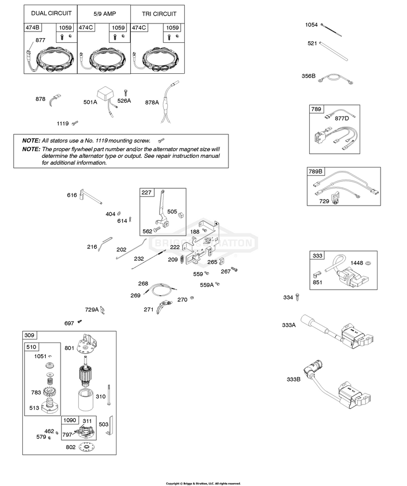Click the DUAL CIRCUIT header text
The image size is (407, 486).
click(51, 13)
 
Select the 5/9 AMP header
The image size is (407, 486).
click(105, 14)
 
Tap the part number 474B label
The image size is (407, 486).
click(33, 27)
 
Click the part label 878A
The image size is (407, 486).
click(152, 102)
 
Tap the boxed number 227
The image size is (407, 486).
click(147, 192)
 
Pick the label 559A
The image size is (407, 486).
click(207, 285)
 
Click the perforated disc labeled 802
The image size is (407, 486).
click(86, 447)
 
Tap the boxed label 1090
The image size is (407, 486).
click(69, 420)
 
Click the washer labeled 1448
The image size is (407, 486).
click(368, 263)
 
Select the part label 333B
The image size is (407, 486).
click(294, 379)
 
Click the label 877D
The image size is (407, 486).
click(342, 118)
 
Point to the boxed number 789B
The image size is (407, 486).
click(315, 171)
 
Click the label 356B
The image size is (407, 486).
click(308, 76)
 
